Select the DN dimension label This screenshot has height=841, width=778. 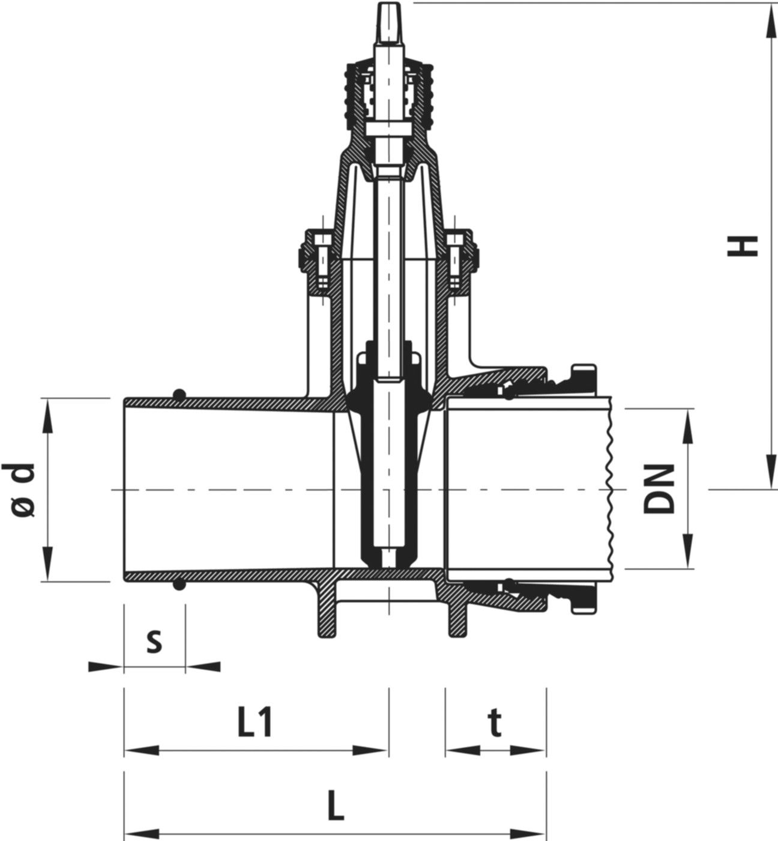tap(659, 488)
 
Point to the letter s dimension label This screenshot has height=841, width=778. tap(154, 642)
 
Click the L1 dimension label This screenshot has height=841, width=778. tap(255, 722)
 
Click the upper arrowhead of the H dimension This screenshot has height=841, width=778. tap(768, 18)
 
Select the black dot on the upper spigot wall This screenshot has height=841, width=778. tap(178, 394)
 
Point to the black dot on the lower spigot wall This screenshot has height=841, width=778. tap(178, 584)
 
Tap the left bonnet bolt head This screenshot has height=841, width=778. tap(320, 240)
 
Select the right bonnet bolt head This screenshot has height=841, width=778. tap(455, 240)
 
